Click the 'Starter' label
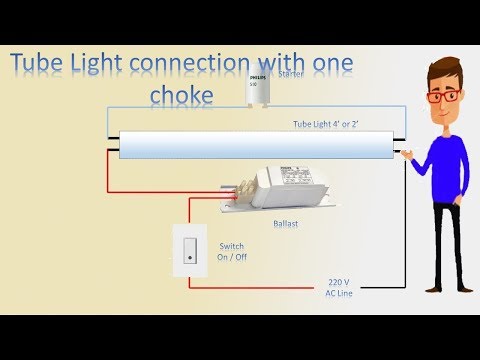(288, 73)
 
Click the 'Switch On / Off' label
(234, 250)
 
